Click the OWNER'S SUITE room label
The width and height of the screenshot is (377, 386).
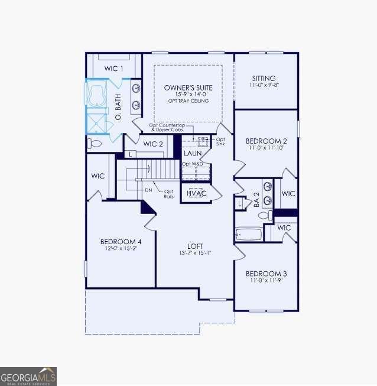pos(188,87)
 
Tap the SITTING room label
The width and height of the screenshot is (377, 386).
pos(264,78)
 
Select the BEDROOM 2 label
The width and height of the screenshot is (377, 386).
pos(266,141)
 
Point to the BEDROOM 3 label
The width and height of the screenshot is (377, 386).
pos(266,274)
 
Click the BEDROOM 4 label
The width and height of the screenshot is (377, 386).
pos(121,241)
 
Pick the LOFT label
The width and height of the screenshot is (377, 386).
pos(195,246)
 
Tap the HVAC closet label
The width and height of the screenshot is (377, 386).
pos(196,193)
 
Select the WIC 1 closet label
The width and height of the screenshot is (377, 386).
pos(114,69)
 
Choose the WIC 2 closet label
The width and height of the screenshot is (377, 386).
pos(153,144)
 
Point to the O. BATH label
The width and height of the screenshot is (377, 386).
pos(118,108)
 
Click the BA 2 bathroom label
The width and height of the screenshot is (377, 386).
pos(257,199)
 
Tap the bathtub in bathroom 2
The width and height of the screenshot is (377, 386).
pos(248,234)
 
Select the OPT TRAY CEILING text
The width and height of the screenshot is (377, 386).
pos(188,101)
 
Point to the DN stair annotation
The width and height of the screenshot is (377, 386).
pos(148,190)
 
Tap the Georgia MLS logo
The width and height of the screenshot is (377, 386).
pos(28,376)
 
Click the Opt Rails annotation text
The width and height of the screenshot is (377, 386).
pos(168,193)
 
